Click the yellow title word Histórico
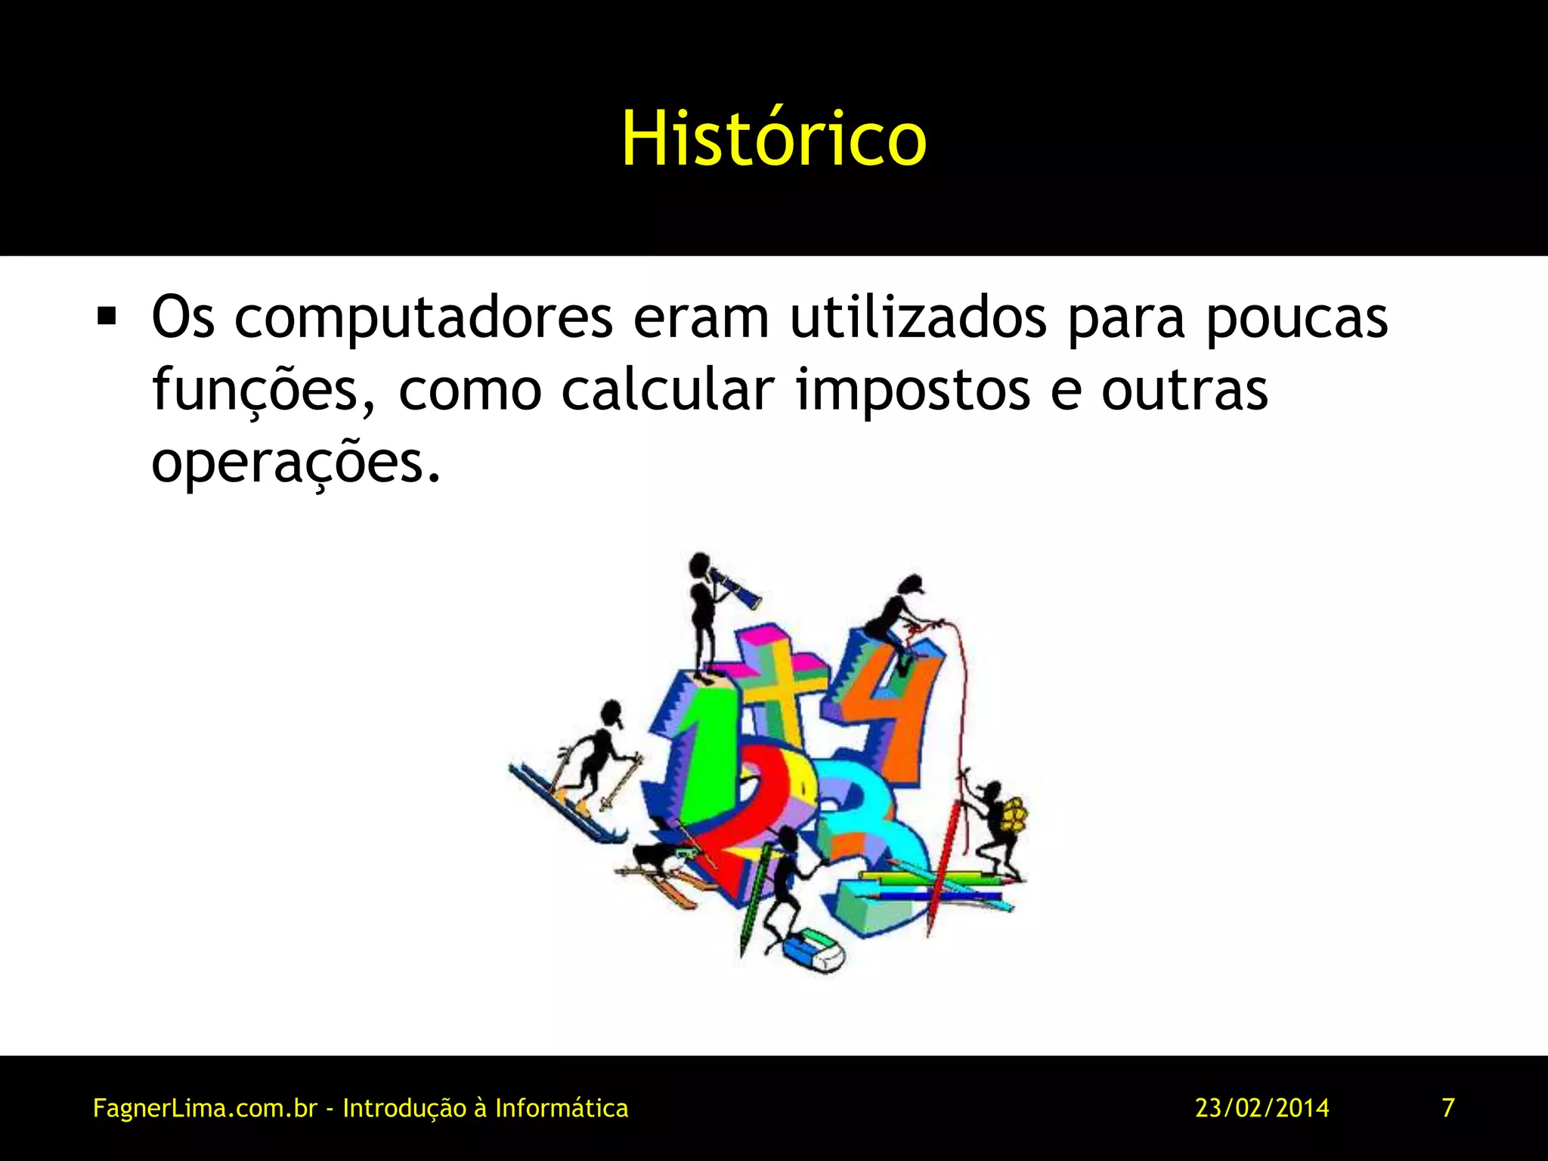point(773,139)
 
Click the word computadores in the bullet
point(423,317)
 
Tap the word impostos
point(913,390)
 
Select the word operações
point(295,463)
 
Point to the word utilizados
point(918,317)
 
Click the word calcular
point(667,390)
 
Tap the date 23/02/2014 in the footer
point(1262,1108)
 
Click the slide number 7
point(1448,1108)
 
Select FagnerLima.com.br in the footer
point(204,1108)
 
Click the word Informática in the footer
point(561,1108)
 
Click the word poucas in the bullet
point(1296,317)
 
